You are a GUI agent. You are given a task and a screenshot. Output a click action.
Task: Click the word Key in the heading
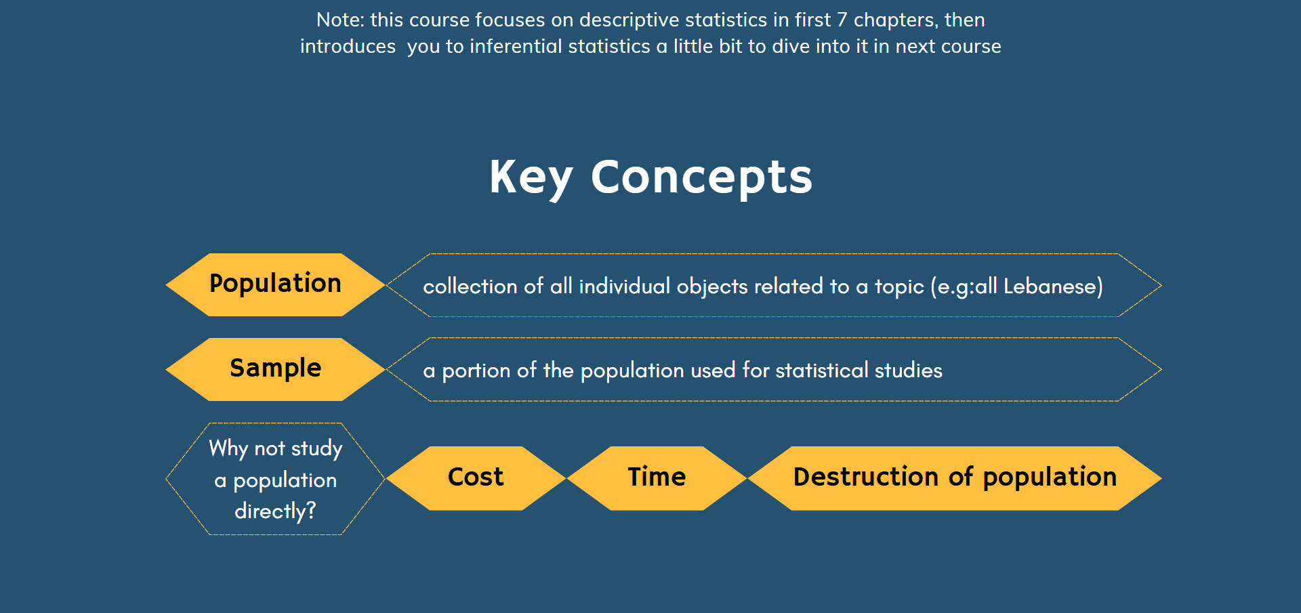coord(531,178)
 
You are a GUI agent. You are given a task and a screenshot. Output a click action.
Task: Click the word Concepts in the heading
coord(701,177)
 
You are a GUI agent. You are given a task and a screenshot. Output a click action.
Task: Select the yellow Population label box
coord(275,284)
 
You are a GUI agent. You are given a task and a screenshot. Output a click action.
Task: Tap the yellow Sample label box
coord(275,369)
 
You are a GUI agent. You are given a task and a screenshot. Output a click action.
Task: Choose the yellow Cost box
coord(476,478)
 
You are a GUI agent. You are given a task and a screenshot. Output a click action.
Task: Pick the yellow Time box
coord(657,478)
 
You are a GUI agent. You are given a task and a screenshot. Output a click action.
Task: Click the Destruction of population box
coord(955,478)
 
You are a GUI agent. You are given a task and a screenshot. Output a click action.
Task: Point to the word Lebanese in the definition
coord(1050,286)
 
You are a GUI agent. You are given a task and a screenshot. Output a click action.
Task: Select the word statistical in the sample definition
coord(821,370)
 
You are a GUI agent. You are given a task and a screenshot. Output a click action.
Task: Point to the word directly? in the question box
coord(275,511)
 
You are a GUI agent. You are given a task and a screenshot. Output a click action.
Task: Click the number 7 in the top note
coord(842,20)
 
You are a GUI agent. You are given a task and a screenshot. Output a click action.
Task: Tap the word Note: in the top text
coord(340,20)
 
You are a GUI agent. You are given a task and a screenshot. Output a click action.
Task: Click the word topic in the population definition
coord(899,287)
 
